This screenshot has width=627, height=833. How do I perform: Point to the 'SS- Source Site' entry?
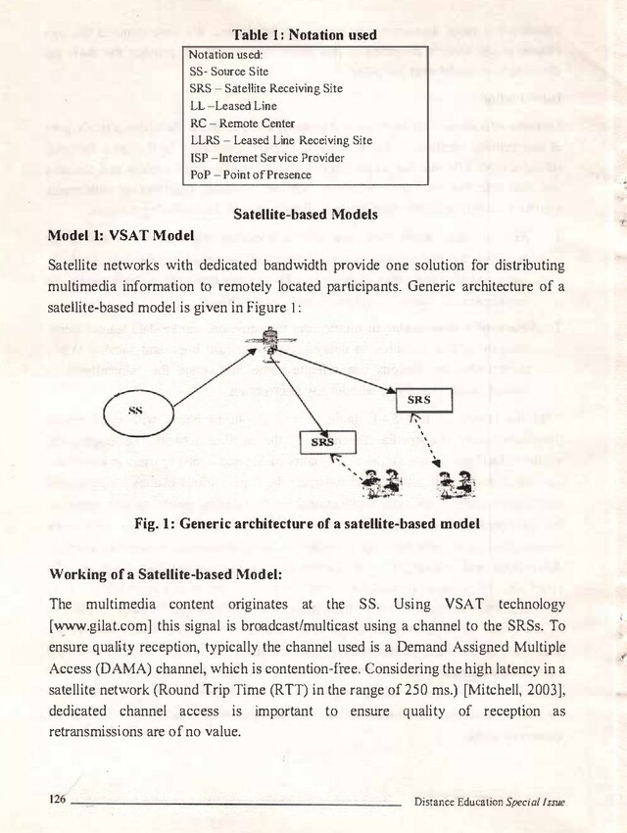227,72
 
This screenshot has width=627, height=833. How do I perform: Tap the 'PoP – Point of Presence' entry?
250,174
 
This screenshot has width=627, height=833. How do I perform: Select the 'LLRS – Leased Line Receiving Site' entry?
280,140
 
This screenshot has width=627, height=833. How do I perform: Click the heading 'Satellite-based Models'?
308,215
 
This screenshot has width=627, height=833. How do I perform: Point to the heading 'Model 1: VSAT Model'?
121,237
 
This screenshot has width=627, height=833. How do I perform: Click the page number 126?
58,800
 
